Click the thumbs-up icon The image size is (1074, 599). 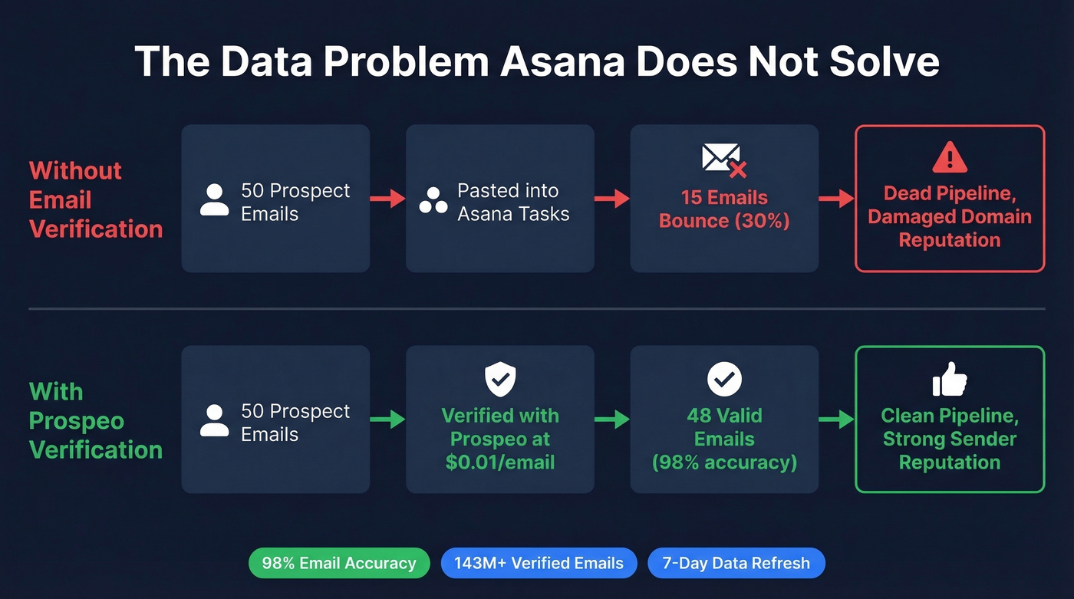tap(950, 380)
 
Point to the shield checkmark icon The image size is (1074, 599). tap(500, 380)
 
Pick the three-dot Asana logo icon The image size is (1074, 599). tap(433, 201)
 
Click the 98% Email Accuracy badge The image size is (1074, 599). tap(338, 563)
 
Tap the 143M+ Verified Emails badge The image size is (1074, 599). tap(539, 563)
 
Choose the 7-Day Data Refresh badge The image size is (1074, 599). tap(736, 563)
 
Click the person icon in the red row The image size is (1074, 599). tap(214, 200)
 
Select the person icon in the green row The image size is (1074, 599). tap(214, 420)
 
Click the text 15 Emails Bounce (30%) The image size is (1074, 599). tap(724, 209)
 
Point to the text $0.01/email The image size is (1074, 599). tap(500, 462)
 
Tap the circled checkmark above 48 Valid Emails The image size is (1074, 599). tap(724, 379)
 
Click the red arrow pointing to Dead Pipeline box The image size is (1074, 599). tap(836, 199)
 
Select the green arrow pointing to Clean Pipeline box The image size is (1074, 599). tap(836, 419)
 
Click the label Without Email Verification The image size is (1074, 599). tap(96, 199)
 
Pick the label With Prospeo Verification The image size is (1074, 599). tap(96, 420)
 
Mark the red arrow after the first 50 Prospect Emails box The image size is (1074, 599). tap(387, 199)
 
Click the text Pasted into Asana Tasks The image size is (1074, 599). tap(513, 202)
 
